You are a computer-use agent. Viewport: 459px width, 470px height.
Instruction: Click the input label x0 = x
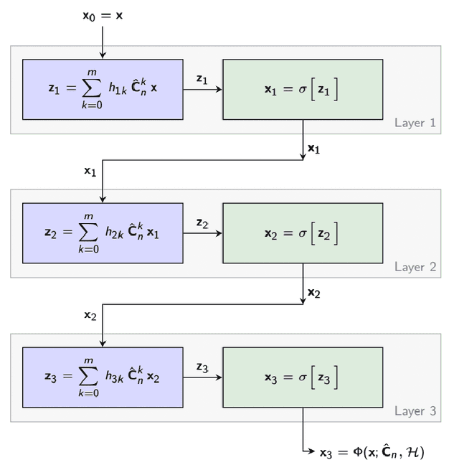pos(103,14)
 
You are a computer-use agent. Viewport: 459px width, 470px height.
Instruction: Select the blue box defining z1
pos(103,89)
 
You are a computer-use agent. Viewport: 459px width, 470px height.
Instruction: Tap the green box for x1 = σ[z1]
pos(302,89)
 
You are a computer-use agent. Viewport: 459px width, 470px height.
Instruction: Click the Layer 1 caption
pos(415,123)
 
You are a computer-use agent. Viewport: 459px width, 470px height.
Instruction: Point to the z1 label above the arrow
pos(202,79)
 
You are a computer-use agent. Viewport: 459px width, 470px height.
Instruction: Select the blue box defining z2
pos(103,233)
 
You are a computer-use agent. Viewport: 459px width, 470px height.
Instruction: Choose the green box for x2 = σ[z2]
pos(302,233)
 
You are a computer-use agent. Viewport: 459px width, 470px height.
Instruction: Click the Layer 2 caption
pos(415,267)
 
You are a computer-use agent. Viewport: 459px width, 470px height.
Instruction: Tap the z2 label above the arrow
pos(202,223)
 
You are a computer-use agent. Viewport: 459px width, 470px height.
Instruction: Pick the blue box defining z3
pos(103,377)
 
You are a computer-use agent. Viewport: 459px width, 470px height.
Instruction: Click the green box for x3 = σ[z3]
pos(302,377)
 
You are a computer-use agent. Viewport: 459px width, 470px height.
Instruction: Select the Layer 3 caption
pos(415,411)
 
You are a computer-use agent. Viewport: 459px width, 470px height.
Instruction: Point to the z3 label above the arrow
pos(202,367)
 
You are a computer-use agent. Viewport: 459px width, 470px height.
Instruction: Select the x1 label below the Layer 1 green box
pos(313,149)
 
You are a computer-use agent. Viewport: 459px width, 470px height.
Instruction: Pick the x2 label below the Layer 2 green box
pos(313,293)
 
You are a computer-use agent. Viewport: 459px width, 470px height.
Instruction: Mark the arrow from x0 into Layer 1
pos(103,42)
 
